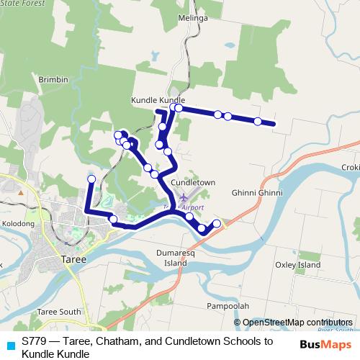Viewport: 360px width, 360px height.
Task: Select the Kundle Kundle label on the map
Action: pyautogui.click(x=158, y=100)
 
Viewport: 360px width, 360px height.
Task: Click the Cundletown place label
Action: pyautogui.click(x=193, y=183)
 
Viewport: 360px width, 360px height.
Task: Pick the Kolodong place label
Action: pyautogui.click(x=17, y=224)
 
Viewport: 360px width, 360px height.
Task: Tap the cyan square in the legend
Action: pyautogui.click(x=9, y=343)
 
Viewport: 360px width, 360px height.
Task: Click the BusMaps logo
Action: pyautogui.click(x=325, y=343)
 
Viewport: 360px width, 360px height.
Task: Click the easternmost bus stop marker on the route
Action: pyautogui.click(x=257, y=120)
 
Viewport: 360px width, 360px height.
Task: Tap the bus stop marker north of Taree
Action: pyautogui.click(x=91, y=179)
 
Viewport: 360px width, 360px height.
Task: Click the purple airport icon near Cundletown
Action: pyautogui.click(x=184, y=197)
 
